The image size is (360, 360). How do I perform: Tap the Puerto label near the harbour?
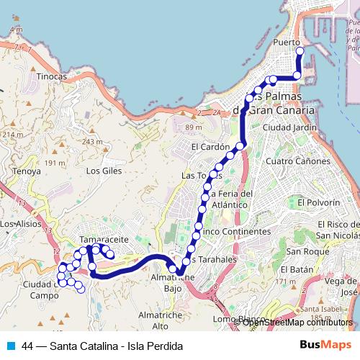[287, 43]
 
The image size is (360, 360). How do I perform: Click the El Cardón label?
[210, 147]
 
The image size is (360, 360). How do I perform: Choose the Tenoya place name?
[27, 171]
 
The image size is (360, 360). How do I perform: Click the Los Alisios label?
[19, 224]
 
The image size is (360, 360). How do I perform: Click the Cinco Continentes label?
[234, 232]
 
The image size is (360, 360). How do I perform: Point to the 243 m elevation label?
[93, 142]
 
